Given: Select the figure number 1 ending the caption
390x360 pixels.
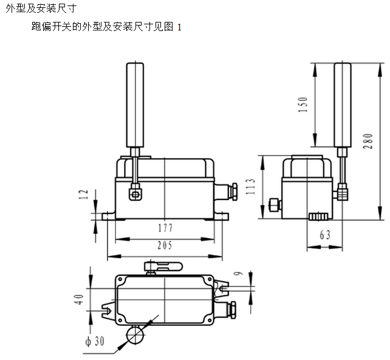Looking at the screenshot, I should [x=179, y=27].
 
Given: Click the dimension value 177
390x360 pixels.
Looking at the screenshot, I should [x=165, y=229].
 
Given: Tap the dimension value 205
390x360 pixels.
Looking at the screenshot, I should [x=165, y=246].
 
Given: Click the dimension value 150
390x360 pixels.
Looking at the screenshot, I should [x=304, y=105].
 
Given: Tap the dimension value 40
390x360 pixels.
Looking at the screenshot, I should [x=80, y=300].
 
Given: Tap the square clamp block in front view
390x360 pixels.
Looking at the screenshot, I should [x=135, y=193].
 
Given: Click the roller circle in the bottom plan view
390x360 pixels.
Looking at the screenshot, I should [x=135, y=335].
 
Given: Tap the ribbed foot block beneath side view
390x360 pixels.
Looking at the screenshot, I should [x=318, y=216].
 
